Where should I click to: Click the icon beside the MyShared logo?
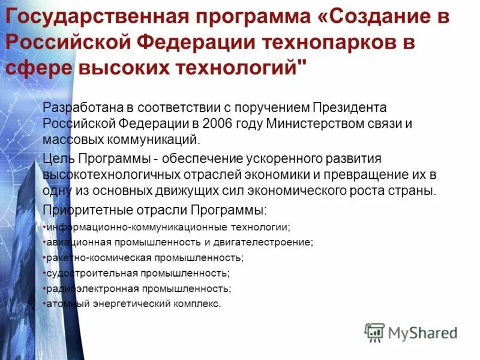click(375, 332)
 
